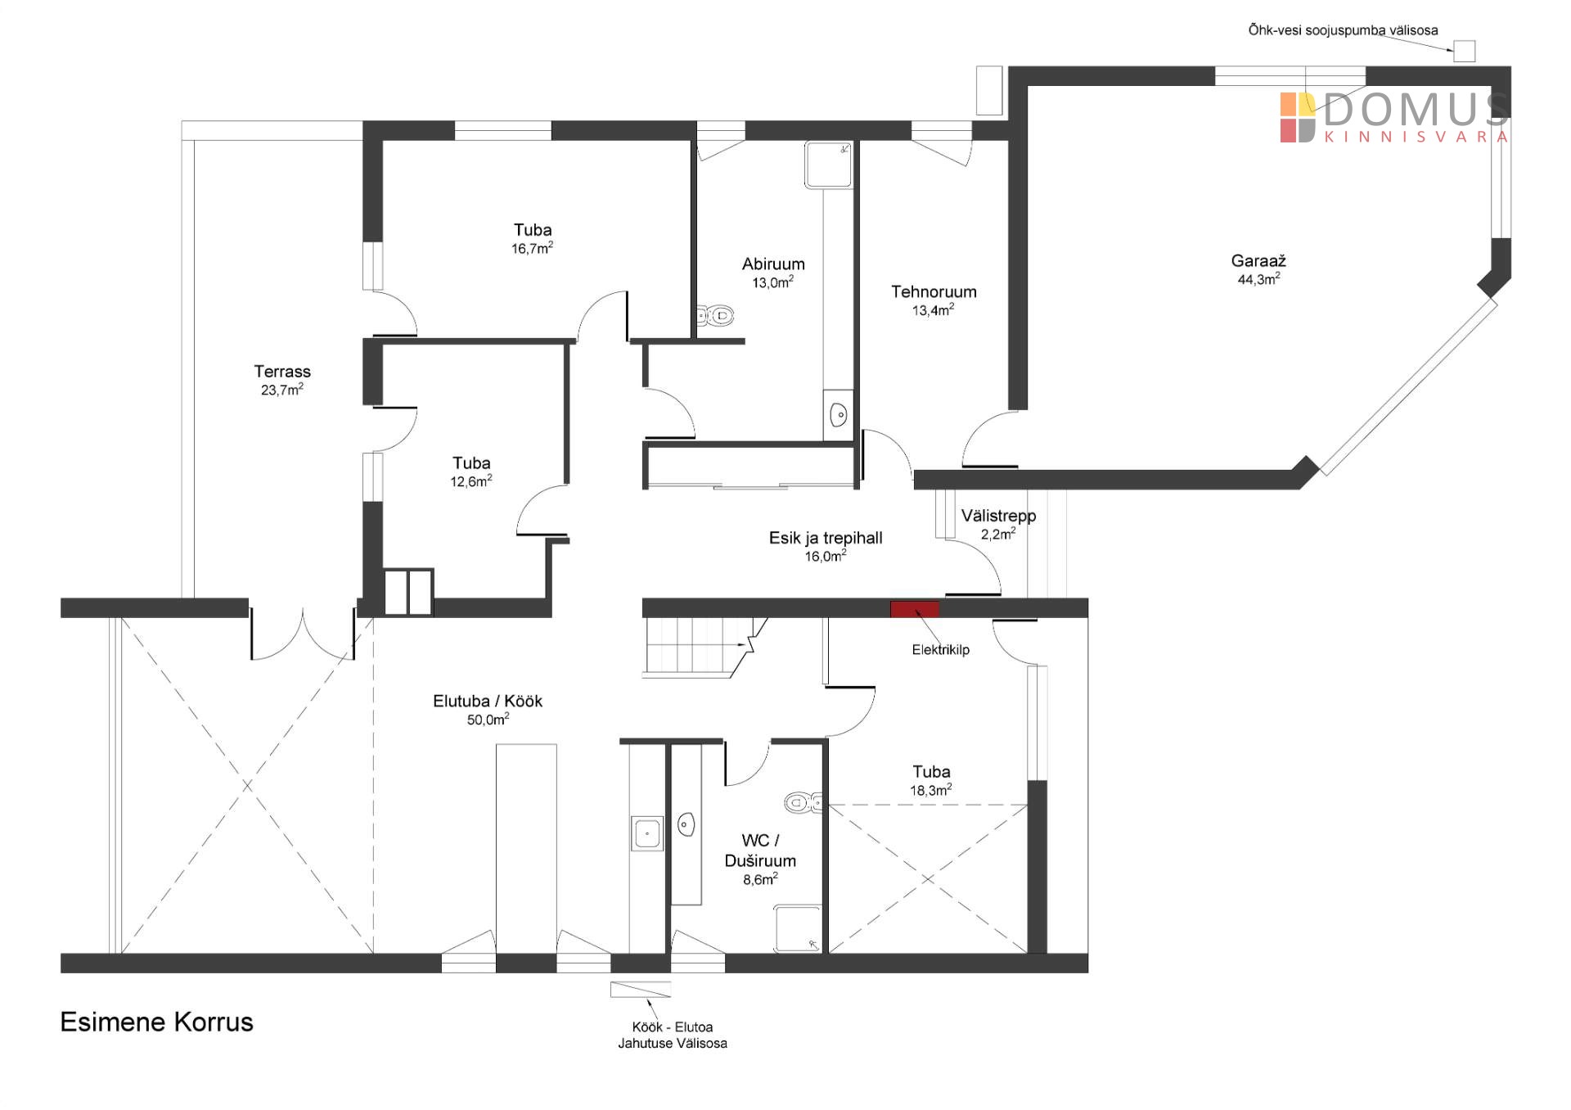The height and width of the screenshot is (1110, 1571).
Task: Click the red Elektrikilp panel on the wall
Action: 915,608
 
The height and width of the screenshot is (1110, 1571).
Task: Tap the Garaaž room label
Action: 1258,261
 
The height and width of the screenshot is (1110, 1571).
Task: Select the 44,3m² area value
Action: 1258,279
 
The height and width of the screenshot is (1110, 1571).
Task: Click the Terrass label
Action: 282,372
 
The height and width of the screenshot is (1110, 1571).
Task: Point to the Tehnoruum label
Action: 934,292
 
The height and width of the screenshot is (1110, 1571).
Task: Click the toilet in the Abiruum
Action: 714,315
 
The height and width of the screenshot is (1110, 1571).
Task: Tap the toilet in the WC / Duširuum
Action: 804,802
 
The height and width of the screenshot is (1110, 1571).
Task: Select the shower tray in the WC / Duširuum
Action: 798,929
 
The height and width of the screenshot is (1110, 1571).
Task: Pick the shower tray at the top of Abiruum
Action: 829,165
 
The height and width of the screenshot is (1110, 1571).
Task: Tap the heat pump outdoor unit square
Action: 1464,52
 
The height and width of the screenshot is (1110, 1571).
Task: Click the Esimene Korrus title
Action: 157,1022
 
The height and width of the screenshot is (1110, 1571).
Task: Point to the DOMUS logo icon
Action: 1298,118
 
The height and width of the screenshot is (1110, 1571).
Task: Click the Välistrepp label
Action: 998,516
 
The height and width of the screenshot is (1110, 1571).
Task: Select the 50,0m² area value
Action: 488,720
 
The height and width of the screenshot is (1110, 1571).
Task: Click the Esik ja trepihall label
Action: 826,538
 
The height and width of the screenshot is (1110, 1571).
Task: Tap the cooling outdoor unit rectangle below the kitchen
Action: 641,990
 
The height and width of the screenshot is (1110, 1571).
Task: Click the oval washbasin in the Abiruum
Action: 839,415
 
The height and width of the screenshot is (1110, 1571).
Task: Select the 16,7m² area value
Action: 532,248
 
